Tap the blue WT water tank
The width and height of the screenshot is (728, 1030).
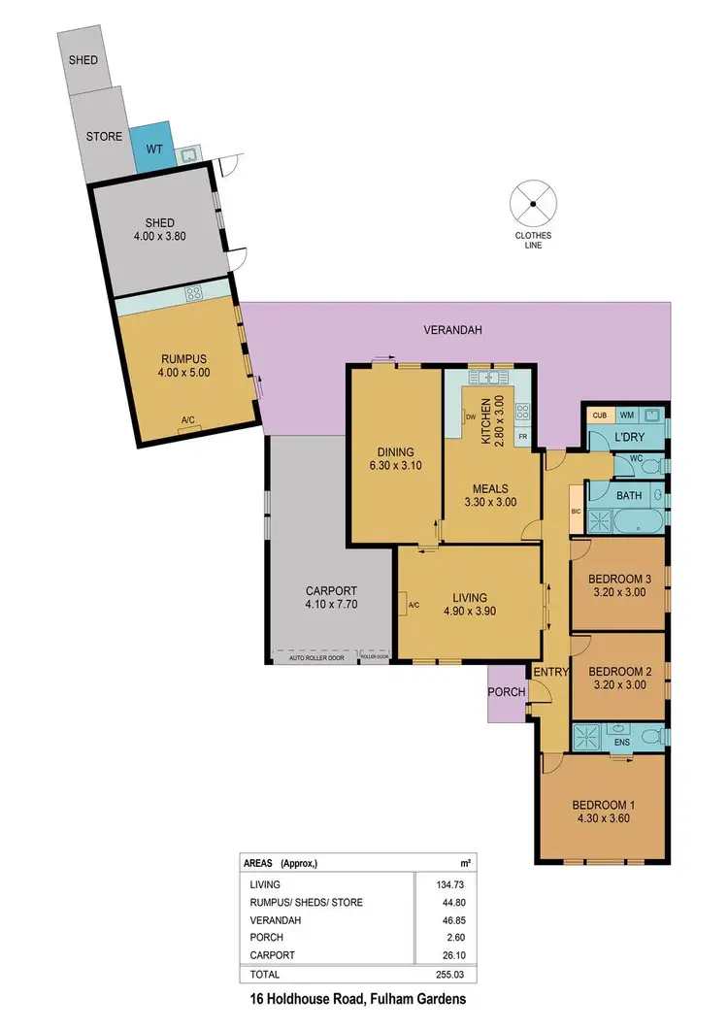click(x=153, y=148)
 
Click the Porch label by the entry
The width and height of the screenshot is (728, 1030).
click(x=507, y=692)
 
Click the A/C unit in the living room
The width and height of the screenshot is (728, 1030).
click(x=413, y=605)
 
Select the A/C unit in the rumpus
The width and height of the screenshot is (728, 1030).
click(x=187, y=419)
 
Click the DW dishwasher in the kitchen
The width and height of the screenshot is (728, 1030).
click(x=470, y=417)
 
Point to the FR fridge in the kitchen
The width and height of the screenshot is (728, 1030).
click(x=521, y=438)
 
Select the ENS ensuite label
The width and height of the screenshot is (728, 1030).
click(x=622, y=743)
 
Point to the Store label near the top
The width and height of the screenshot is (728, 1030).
click(x=104, y=137)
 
